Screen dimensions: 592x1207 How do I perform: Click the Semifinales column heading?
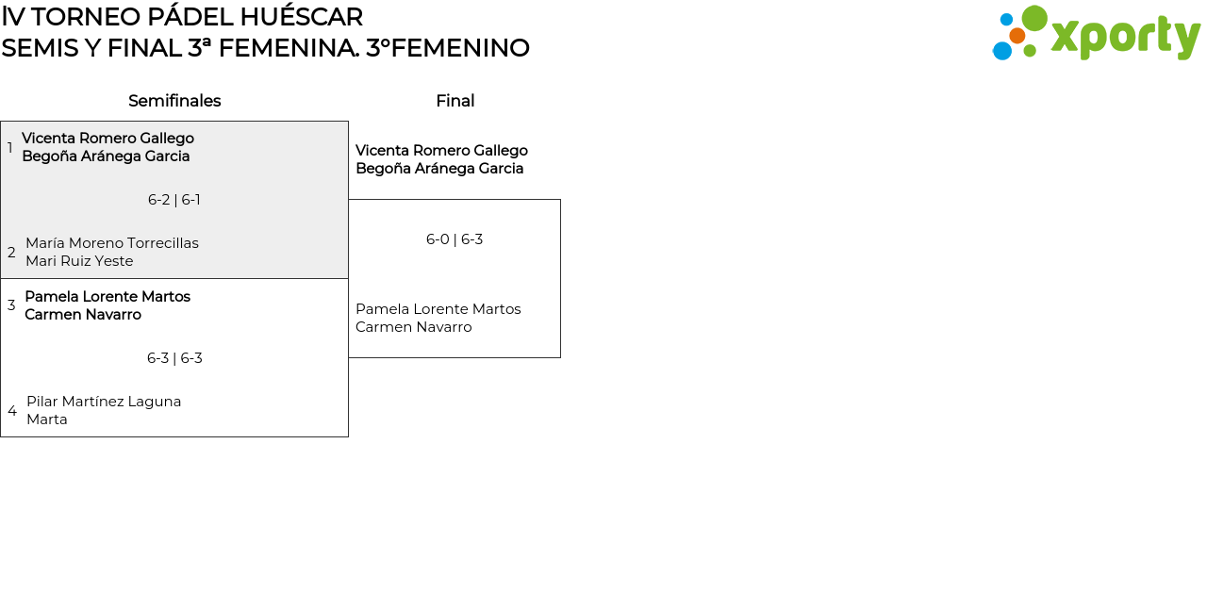click(x=174, y=101)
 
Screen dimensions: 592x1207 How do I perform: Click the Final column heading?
click(x=455, y=101)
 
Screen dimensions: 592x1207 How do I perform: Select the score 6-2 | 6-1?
click(x=174, y=200)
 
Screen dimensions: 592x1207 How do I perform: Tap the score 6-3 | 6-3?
click(x=174, y=358)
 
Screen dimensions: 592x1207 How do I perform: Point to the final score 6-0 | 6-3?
click(x=455, y=239)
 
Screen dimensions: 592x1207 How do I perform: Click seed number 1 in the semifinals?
click(x=10, y=148)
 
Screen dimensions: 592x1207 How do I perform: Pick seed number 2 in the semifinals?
click(x=11, y=253)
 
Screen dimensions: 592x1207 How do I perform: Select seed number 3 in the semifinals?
click(x=11, y=305)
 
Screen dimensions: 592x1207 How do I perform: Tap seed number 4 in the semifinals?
click(x=12, y=411)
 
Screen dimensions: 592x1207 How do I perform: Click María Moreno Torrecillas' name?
click(x=112, y=243)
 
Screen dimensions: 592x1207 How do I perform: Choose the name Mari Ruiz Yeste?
click(x=79, y=261)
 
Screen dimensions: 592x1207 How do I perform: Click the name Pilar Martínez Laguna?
click(x=104, y=402)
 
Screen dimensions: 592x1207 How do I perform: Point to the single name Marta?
click(x=47, y=419)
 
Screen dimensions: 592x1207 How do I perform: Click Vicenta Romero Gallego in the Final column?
click(x=441, y=151)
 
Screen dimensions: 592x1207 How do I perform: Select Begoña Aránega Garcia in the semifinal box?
click(x=106, y=156)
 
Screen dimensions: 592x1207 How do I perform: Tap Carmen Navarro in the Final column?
click(x=413, y=327)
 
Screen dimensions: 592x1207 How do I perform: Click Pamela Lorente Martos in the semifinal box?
click(x=107, y=297)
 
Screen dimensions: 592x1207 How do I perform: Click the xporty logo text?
click(x=1125, y=38)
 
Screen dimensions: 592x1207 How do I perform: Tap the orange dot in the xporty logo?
click(x=1017, y=36)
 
